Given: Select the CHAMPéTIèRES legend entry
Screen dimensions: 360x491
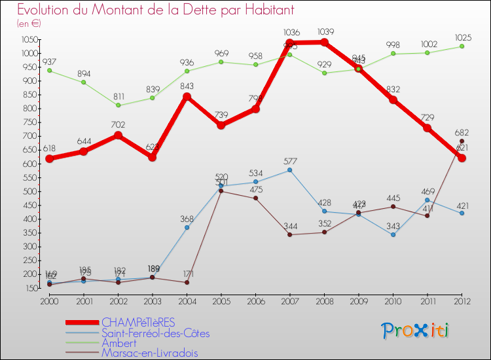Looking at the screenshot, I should coord(138,323).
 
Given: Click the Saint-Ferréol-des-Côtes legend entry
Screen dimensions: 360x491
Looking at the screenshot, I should coord(156,333).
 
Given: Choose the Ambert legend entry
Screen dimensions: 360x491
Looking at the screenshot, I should coord(118,343).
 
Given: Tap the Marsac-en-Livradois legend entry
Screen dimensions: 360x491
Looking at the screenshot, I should coord(149,353).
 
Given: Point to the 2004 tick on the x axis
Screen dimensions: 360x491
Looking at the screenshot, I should coord(187,300).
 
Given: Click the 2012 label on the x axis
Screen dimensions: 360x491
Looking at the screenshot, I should coord(462,300).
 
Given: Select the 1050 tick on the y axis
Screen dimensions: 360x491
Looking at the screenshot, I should coord(28,39).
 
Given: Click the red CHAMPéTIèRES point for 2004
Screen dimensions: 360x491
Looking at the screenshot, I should coord(187,97).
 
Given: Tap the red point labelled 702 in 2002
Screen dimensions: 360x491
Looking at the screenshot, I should coord(118,135).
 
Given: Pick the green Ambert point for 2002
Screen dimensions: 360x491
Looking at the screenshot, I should coord(118,105).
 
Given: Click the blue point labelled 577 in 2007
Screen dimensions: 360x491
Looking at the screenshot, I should coord(290,170).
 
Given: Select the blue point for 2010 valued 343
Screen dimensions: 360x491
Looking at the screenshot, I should coord(393,234).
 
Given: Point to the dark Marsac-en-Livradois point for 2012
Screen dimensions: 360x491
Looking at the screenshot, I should coord(462,141).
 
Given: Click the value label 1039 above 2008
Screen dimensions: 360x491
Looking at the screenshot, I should coord(325,31).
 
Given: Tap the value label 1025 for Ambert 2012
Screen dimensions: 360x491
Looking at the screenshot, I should coord(462,36).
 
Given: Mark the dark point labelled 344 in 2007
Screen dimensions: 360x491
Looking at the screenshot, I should coord(290,234).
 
